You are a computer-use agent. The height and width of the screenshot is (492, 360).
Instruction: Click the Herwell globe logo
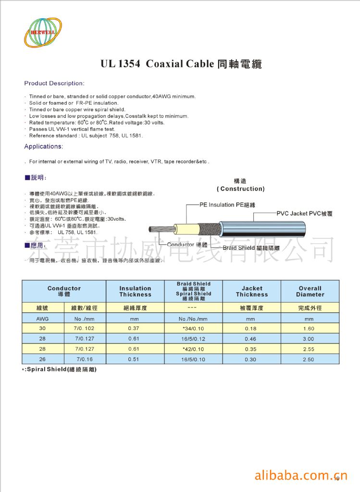pyautogui.click(x=43, y=33)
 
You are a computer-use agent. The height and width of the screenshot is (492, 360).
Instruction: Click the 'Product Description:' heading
pyautogui.click(x=54, y=83)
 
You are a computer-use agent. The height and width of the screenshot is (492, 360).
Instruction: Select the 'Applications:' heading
pyautogui.click(x=43, y=146)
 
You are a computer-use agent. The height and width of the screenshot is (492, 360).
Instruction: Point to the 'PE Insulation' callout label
pyautogui.click(x=227, y=205)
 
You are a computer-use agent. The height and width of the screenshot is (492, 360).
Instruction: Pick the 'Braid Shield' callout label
pyautogui.click(x=252, y=248)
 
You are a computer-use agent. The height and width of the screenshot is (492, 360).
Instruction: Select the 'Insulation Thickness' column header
pyautogui.click(x=135, y=291)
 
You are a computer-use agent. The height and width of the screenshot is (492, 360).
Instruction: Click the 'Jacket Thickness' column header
pyautogui.click(x=251, y=291)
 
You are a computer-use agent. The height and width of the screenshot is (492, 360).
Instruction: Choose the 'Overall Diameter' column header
pyautogui.click(x=310, y=291)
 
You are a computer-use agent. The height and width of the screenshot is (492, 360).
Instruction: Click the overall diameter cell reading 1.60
pyautogui.click(x=309, y=329)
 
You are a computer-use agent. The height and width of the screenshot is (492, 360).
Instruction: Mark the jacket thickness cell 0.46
pyautogui.click(x=250, y=339)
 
